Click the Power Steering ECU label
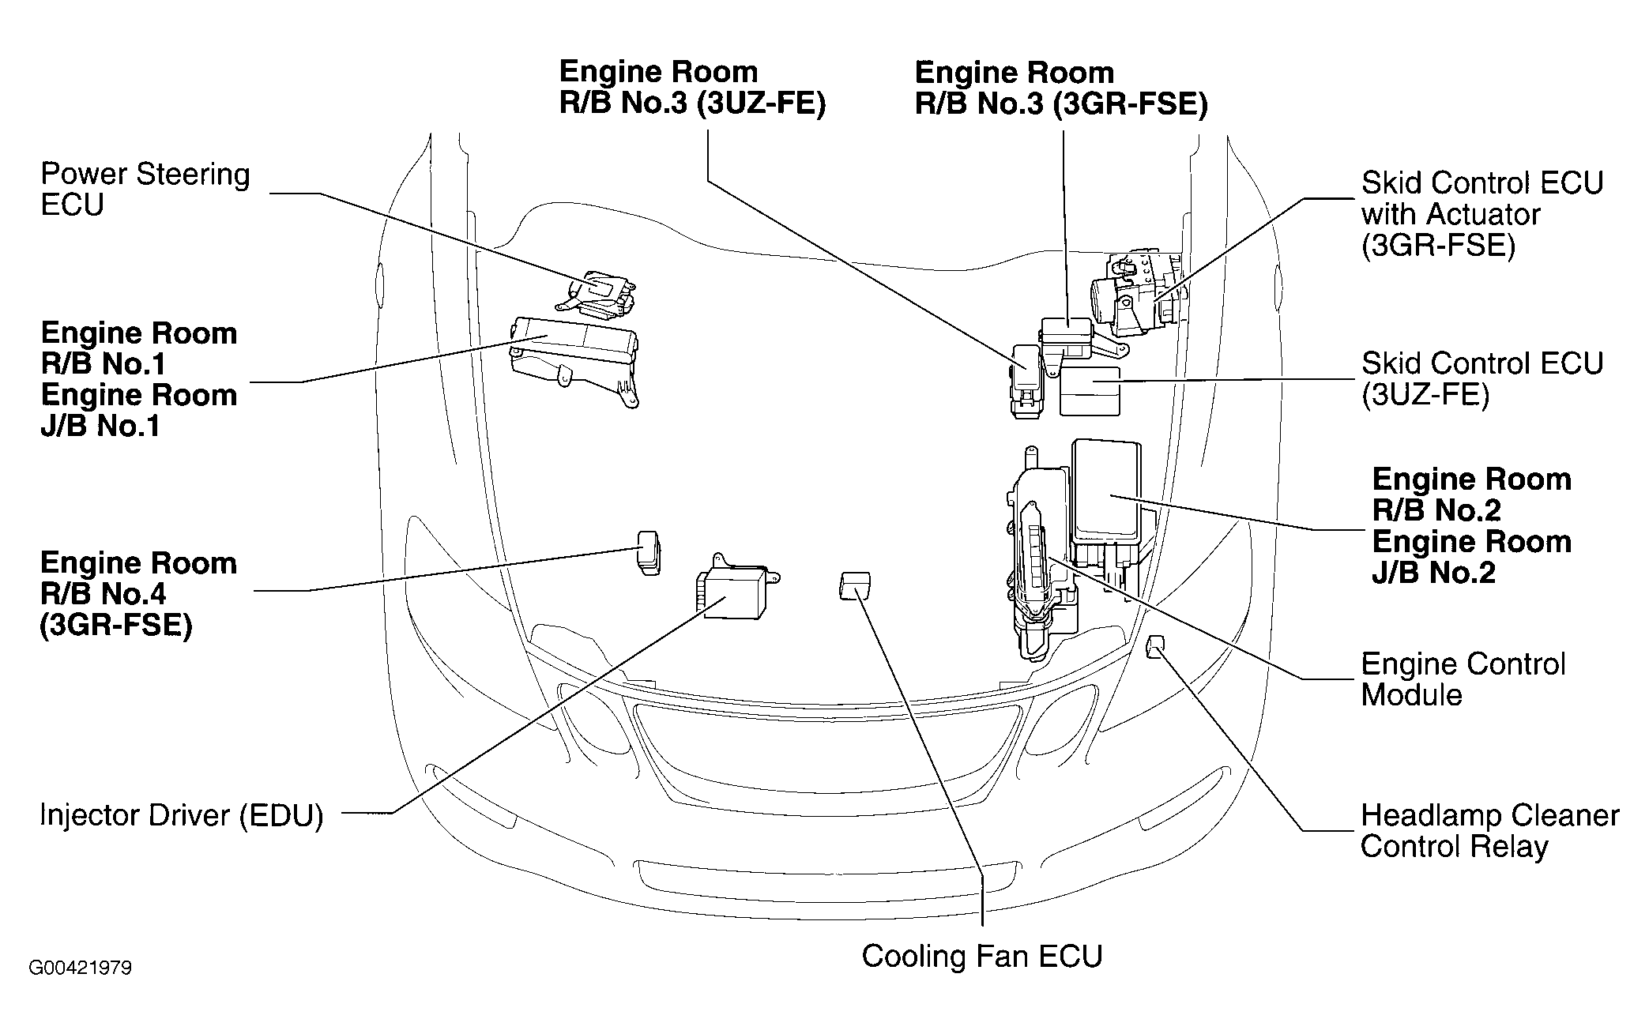145,190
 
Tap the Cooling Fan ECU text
981,956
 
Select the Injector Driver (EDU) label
181,815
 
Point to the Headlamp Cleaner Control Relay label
1489,831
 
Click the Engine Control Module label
1463,679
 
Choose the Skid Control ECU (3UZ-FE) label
1481,379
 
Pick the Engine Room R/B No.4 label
138,594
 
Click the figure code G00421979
81,968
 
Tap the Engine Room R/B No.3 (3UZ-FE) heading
692,88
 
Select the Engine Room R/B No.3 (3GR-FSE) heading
1060,88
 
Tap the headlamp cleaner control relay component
1154,646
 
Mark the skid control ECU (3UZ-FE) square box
1090,390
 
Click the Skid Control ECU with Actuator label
1481,214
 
